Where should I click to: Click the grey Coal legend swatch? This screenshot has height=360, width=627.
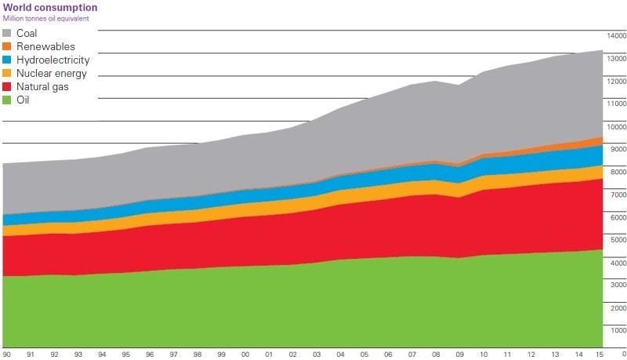(8, 33)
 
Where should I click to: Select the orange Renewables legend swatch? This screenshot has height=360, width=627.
(8, 46)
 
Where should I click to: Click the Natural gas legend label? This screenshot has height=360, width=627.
(42, 86)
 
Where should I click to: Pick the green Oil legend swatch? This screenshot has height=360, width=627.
(8, 100)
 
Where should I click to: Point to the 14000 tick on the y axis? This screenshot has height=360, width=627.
(616, 35)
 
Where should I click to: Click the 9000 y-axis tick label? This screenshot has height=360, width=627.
(618, 149)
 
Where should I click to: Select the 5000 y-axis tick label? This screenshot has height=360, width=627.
(618, 240)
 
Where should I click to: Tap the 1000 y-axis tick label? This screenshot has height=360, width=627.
(618, 331)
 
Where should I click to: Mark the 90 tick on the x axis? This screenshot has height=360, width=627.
(7, 355)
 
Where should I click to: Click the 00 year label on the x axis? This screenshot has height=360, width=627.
(245, 355)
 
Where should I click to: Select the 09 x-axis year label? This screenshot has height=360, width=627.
(459, 355)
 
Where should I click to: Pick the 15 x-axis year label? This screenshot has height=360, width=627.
(601, 355)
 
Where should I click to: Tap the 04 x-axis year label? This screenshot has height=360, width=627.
(340, 355)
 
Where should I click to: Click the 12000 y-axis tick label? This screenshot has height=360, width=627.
(616, 81)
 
